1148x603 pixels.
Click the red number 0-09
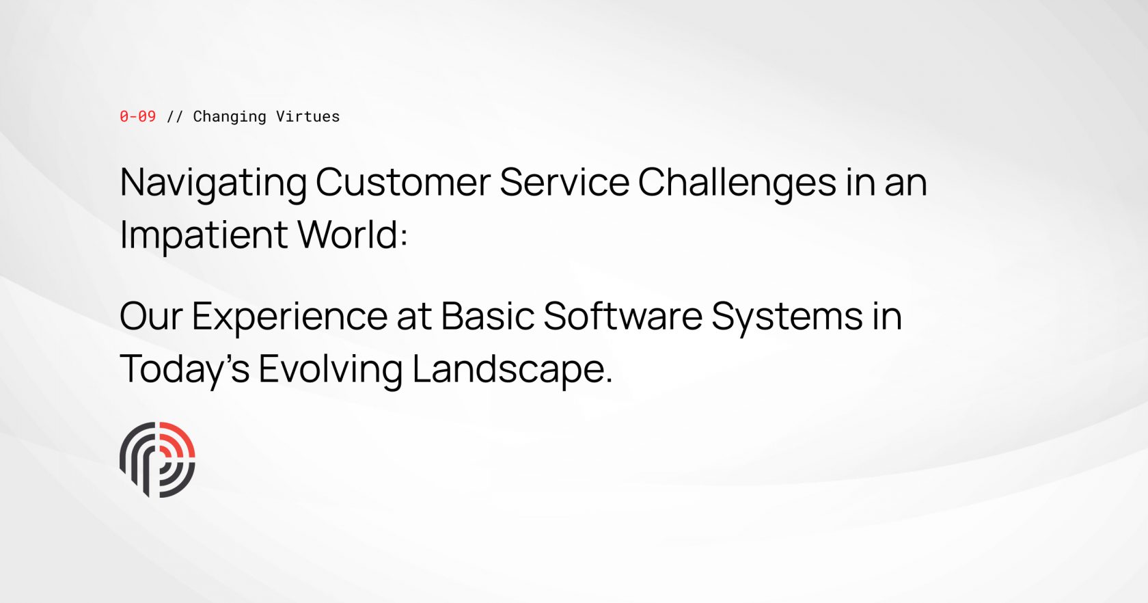137,116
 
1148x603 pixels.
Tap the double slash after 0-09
175,116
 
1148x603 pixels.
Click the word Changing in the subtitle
230,117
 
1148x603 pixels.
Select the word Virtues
307,116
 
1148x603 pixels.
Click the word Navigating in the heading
213,183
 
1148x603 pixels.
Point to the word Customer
402,183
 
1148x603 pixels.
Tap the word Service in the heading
564,183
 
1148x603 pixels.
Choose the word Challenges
737,183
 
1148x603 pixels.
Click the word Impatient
204,235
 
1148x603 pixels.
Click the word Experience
290,317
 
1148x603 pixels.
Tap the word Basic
487,317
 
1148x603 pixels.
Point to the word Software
623,317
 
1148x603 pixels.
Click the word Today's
184,370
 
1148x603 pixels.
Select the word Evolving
330,370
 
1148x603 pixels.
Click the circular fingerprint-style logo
157,459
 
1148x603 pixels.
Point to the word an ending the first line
905,183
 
